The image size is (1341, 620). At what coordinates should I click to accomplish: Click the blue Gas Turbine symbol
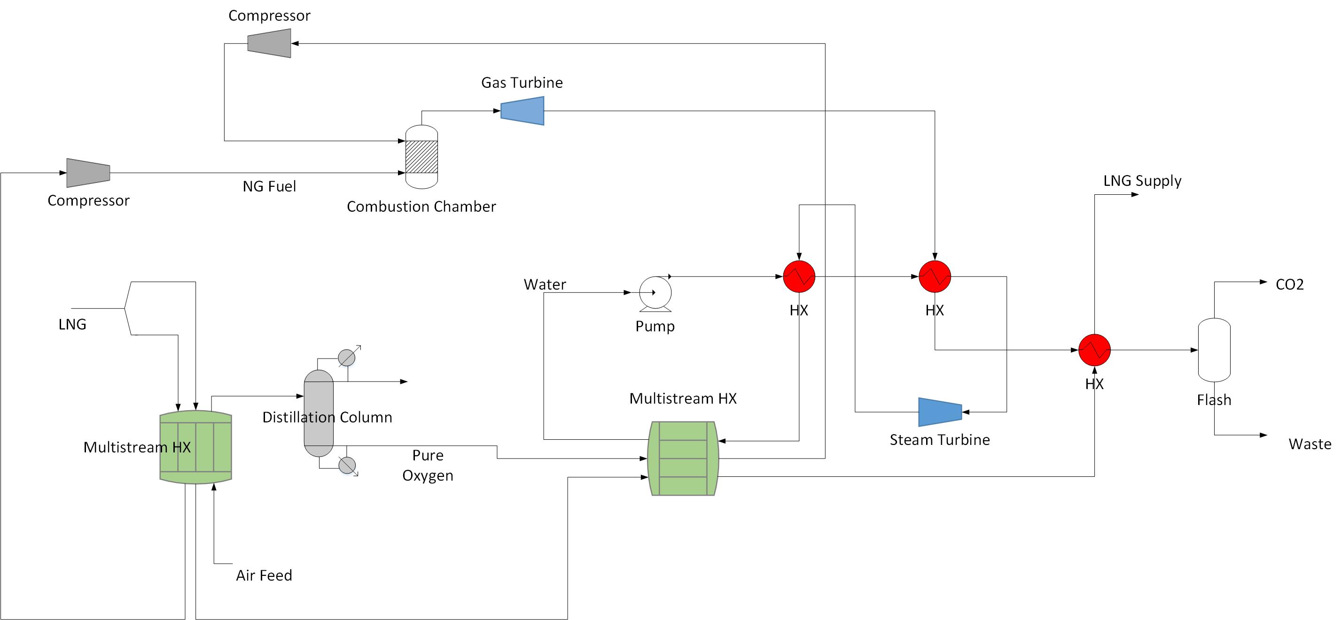click(522, 111)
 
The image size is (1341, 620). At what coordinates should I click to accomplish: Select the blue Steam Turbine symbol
click(940, 412)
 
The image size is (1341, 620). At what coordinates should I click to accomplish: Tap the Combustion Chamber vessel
click(421, 157)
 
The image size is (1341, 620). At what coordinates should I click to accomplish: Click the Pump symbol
click(655, 293)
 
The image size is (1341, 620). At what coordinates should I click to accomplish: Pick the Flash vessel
click(1214, 350)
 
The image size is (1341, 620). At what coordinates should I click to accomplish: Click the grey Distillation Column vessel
click(319, 413)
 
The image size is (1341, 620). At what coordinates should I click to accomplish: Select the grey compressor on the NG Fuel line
click(88, 173)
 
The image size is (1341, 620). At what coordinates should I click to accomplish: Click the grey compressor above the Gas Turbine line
click(269, 43)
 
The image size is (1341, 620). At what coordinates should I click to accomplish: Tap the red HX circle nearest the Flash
click(1094, 350)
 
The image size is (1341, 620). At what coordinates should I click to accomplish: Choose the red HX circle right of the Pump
click(799, 277)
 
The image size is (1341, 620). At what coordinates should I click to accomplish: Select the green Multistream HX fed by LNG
click(196, 447)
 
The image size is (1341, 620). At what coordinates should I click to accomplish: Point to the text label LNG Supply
click(1142, 181)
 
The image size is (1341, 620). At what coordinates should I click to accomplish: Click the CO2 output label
click(1289, 284)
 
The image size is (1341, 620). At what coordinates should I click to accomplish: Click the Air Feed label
click(264, 575)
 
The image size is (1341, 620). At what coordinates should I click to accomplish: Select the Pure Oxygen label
click(428, 465)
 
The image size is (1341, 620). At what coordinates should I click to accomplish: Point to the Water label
click(545, 284)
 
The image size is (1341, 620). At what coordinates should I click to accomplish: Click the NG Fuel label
click(269, 186)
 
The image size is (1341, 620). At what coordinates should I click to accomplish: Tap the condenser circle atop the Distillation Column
click(347, 357)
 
